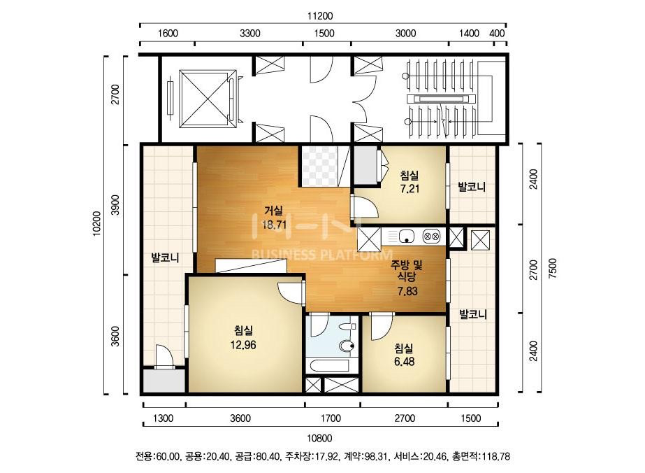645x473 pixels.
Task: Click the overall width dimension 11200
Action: click(x=320, y=16)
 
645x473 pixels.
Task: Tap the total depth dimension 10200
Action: click(x=96, y=223)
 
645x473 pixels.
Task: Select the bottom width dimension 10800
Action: click(x=319, y=439)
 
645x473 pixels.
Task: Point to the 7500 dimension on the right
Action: click(x=553, y=268)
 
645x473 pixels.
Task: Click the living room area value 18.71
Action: click(x=274, y=225)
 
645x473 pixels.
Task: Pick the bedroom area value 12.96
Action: click(x=243, y=345)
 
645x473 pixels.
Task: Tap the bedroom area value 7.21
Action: click(x=410, y=189)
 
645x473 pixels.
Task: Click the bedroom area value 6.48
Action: click(x=405, y=361)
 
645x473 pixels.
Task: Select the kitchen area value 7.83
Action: click(x=407, y=291)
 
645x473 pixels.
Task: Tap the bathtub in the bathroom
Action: click(x=328, y=366)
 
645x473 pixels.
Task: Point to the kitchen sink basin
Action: click(x=406, y=236)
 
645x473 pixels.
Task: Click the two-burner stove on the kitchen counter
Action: click(x=431, y=236)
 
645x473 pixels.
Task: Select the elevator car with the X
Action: click(x=204, y=99)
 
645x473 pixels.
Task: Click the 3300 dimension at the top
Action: click(x=250, y=34)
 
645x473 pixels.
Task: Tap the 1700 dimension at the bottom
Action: click(x=331, y=418)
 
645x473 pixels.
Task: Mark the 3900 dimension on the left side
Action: click(x=115, y=205)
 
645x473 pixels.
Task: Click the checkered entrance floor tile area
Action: click(x=319, y=167)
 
